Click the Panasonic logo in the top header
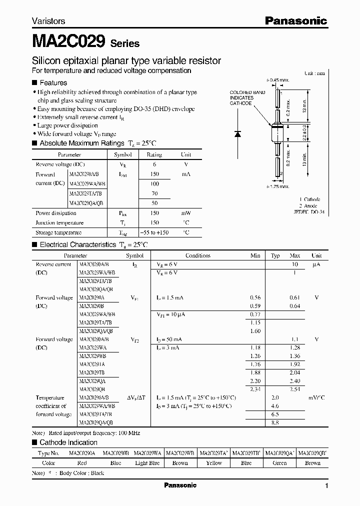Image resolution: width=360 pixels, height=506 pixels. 295,21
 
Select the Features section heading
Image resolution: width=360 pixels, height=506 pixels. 53,82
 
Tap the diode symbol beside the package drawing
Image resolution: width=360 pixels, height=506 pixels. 238,133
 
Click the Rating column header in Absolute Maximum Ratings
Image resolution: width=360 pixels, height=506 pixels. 154,155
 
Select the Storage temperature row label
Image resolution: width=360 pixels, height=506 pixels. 58,232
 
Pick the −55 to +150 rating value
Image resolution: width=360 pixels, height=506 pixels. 154,232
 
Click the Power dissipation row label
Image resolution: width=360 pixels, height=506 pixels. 56,213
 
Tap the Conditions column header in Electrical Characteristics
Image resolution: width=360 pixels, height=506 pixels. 198,255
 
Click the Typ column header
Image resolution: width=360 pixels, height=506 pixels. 275,255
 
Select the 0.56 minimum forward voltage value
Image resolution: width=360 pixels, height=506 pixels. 255,297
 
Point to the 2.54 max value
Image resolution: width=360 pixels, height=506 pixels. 294,389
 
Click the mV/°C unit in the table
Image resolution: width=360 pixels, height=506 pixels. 316,397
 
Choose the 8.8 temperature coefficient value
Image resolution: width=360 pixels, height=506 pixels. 275,422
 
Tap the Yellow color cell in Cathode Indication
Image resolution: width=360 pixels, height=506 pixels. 214,463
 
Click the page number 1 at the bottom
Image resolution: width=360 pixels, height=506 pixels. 326,486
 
